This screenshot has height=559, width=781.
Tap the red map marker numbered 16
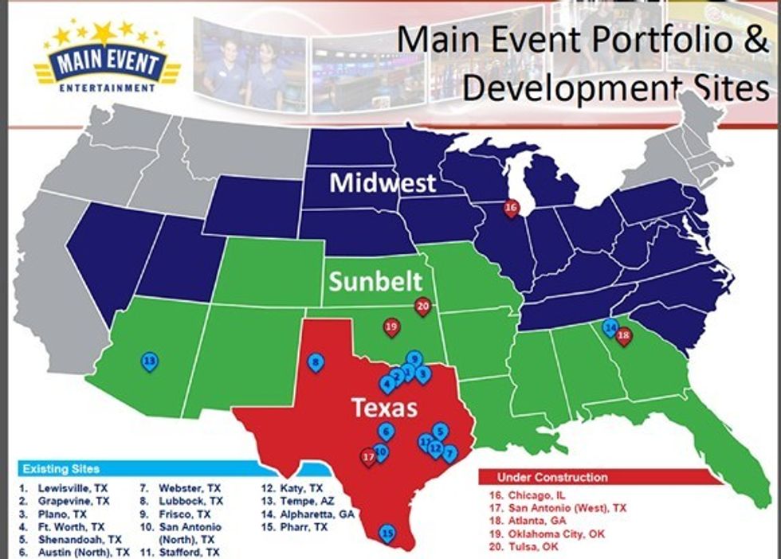[x=512, y=208]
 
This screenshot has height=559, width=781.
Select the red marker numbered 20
[x=422, y=305]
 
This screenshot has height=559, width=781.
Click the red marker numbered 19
[x=391, y=326]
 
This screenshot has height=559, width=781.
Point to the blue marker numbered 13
[x=149, y=362]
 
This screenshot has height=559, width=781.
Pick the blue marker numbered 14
[x=610, y=326]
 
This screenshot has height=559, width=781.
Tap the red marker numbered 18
[x=624, y=335]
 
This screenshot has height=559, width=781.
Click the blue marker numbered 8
[x=316, y=363]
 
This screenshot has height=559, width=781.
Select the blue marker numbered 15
[x=388, y=533]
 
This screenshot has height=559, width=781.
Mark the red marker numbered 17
[x=368, y=457]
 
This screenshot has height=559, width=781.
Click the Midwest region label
[x=383, y=183]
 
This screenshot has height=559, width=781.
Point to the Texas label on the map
[x=385, y=408]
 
